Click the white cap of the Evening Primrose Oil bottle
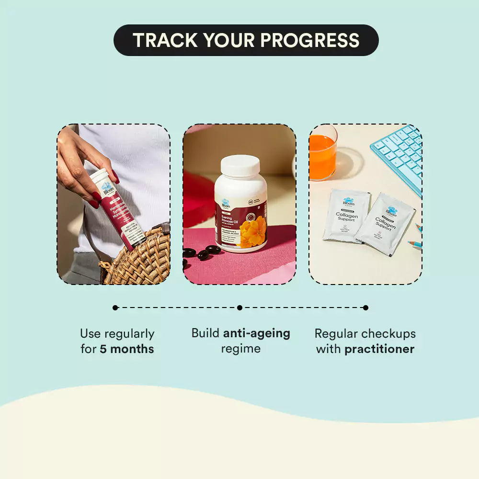coord(240,165)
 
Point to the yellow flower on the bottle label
coord(252,231)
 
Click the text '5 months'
coord(127,349)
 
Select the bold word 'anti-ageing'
coord(257,333)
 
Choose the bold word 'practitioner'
coord(379,349)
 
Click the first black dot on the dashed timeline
coord(115,308)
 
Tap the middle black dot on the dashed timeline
coord(239,308)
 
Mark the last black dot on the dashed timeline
coord(365,308)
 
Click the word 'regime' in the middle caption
coord(240,349)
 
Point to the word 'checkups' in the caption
coord(388,333)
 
